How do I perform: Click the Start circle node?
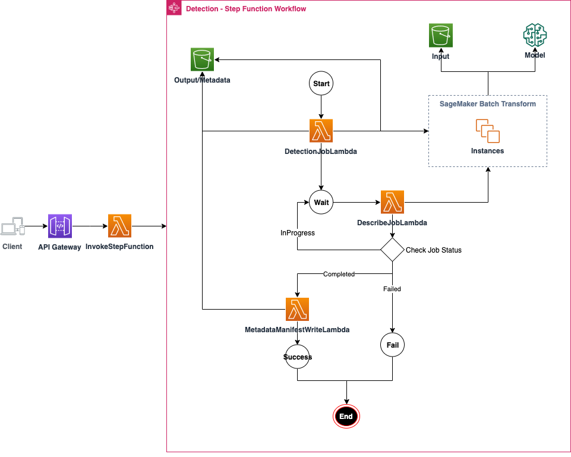pos(321,84)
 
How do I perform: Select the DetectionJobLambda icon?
pos(321,131)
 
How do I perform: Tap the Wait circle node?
pos(321,202)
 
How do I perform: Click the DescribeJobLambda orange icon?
pos(392,202)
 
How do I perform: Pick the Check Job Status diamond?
pos(392,250)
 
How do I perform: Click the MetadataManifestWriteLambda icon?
pos(297,310)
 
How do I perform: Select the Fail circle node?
pos(392,345)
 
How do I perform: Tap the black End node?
pos(346,417)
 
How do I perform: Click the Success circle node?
pos(297,357)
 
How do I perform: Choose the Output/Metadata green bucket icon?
pos(202,60)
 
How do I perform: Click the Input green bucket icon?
pos(441,36)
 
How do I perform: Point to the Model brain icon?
pos(535,36)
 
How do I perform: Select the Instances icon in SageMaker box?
pos(487,131)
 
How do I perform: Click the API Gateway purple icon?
pos(60,226)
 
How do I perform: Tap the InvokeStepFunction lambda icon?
pos(119,226)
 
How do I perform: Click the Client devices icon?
pos(12,227)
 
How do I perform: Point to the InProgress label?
pos(298,233)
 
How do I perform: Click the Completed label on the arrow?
pos(339,274)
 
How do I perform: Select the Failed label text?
pos(392,289)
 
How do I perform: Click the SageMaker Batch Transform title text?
pos(487,104)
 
